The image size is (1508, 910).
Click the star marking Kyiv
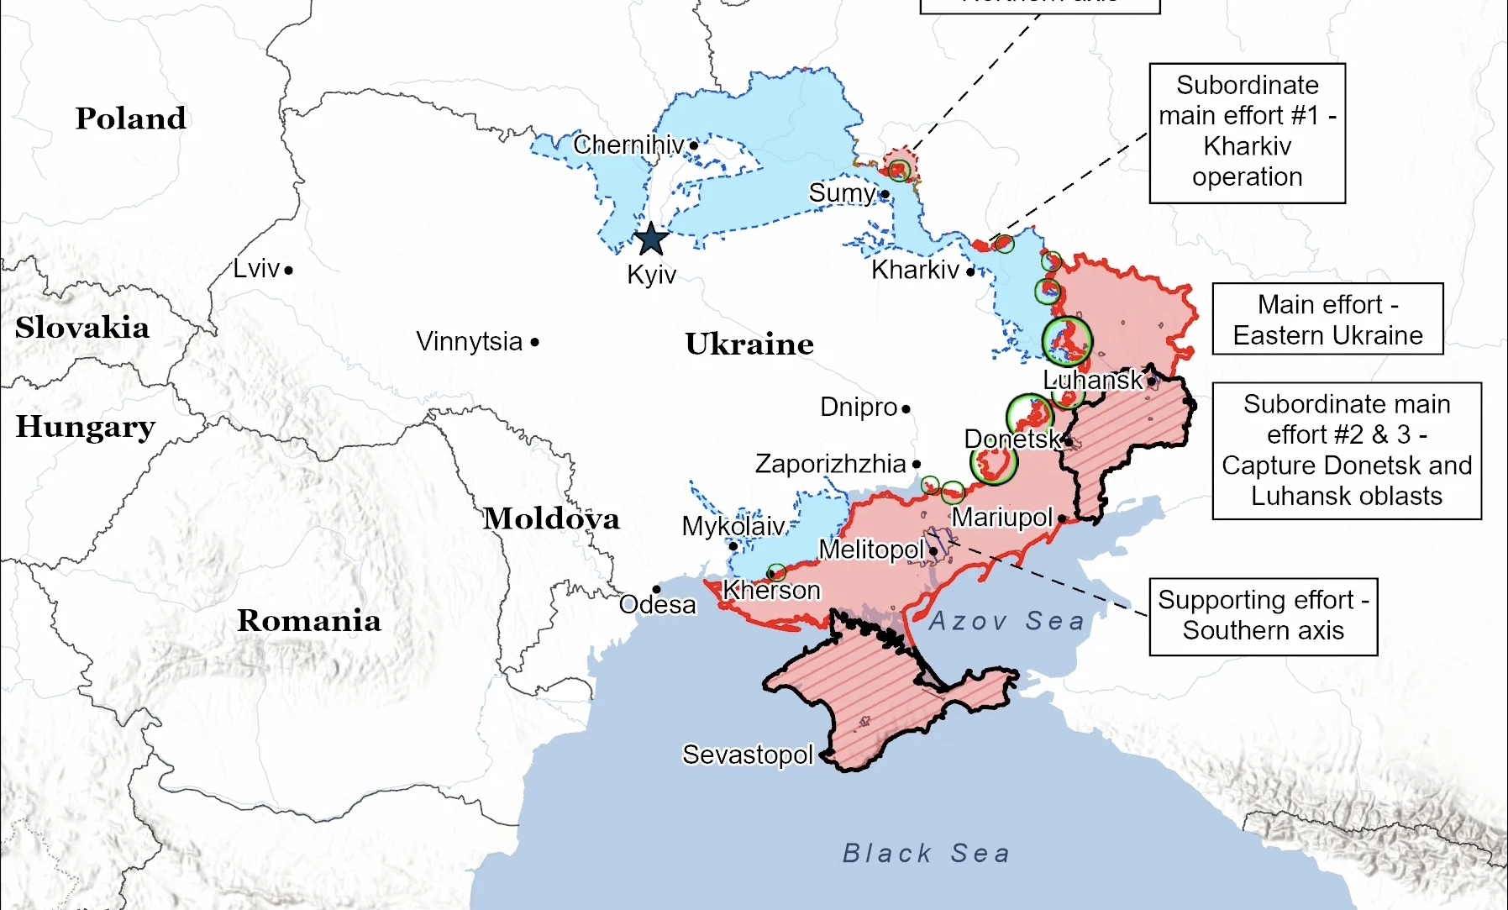click(651, 239)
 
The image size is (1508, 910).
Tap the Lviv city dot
click(288, 271)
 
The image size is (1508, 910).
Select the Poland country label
click(131, 118)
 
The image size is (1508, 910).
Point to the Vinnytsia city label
click(469, 342)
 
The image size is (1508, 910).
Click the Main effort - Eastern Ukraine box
click(1327, 319)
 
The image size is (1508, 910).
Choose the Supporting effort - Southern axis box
click(1263, 616)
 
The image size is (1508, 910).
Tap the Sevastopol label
click(747, 755)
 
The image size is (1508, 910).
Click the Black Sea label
click(926, 854)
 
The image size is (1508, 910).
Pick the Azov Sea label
click(1006, 621)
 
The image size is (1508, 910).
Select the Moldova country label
click(551, 518)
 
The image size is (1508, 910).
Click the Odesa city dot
click(656, 589)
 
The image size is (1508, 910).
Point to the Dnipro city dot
click(906, 409)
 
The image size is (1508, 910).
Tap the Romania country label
click(308, 621)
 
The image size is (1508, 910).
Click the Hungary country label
click(85, 427)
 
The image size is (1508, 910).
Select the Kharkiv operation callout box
click(1247, 133)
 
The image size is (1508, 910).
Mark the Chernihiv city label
click(628, 145)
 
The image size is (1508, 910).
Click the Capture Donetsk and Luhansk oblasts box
click(1346, 450)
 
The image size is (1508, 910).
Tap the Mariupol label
click(1001, 517)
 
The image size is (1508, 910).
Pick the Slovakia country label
click(81, 328)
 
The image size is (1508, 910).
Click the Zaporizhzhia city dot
click(917, 464)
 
